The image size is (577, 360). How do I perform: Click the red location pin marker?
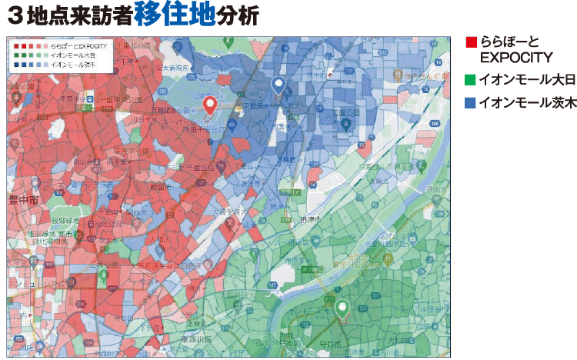click(208, 105)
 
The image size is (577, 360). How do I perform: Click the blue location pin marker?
click(279, 85)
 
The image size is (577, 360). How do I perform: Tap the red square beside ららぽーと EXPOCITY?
click(471, 42)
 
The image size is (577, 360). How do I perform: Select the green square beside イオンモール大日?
click(471, 79)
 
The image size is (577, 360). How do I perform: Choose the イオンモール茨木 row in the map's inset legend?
click(73, 65)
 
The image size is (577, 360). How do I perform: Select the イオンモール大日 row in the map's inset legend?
click(73, 55)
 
